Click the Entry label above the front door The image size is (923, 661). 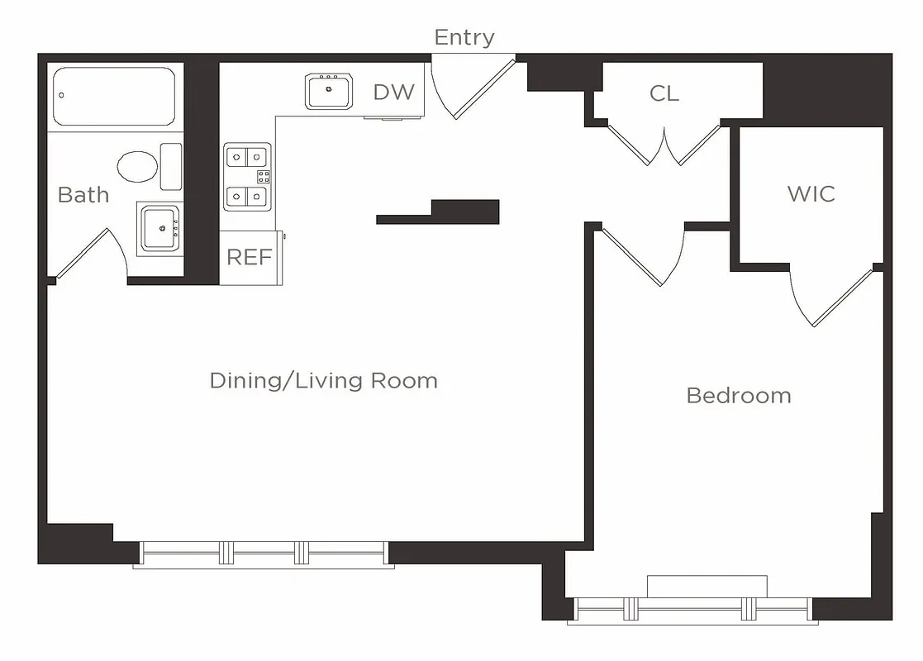(464, 37)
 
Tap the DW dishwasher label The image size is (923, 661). (393, 92)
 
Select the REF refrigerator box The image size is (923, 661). (250, 258)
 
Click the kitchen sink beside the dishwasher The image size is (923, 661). (330, 91)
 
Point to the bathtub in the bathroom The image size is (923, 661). (114, 96)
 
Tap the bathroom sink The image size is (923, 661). (159, 229)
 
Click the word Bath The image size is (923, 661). (83, 195)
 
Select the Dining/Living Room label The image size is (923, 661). (323, 381)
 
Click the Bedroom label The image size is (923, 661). (738, 396)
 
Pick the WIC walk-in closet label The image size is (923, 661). (811, 194)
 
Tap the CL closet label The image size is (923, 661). (664, 94)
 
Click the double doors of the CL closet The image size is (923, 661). (665, 145)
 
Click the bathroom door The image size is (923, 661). (87, 252)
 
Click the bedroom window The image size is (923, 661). (691, 609)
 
